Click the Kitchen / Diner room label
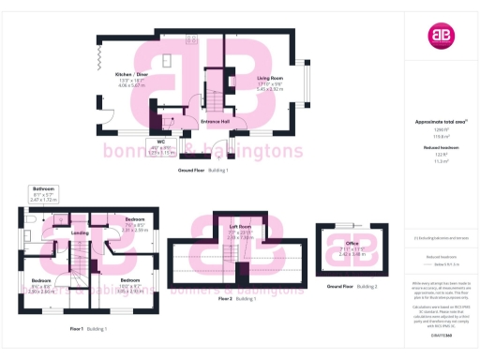click(131, 78)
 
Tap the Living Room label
click(270, 82)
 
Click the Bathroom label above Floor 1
click(43, 194)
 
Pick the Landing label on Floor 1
click(80, 232)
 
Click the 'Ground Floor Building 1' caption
click(203, 171)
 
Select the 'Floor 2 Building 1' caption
click(237, 297)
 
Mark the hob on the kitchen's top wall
click(191, 39)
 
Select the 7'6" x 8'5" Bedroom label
click(133, 225)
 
